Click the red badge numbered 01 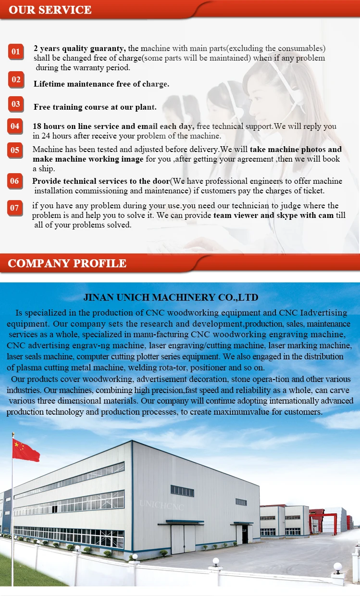[x=16, y=51]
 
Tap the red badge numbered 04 [x=15, y=126]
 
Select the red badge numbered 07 [x=15, y=208]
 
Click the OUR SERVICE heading [x=50, y=10]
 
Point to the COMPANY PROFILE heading [x=67, y=263]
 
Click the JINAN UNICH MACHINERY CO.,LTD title [x=171, y=297]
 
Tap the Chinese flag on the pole [x=25, y=450]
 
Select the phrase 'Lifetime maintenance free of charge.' [x=101, y=84]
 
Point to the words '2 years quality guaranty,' [x=80, y=48]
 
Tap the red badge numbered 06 [x=15, y=181]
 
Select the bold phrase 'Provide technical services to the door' [x=101, y=181]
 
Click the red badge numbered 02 [x=16, y=79]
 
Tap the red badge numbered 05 [x=15, y=150]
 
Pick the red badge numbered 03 [x=16, y=104]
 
